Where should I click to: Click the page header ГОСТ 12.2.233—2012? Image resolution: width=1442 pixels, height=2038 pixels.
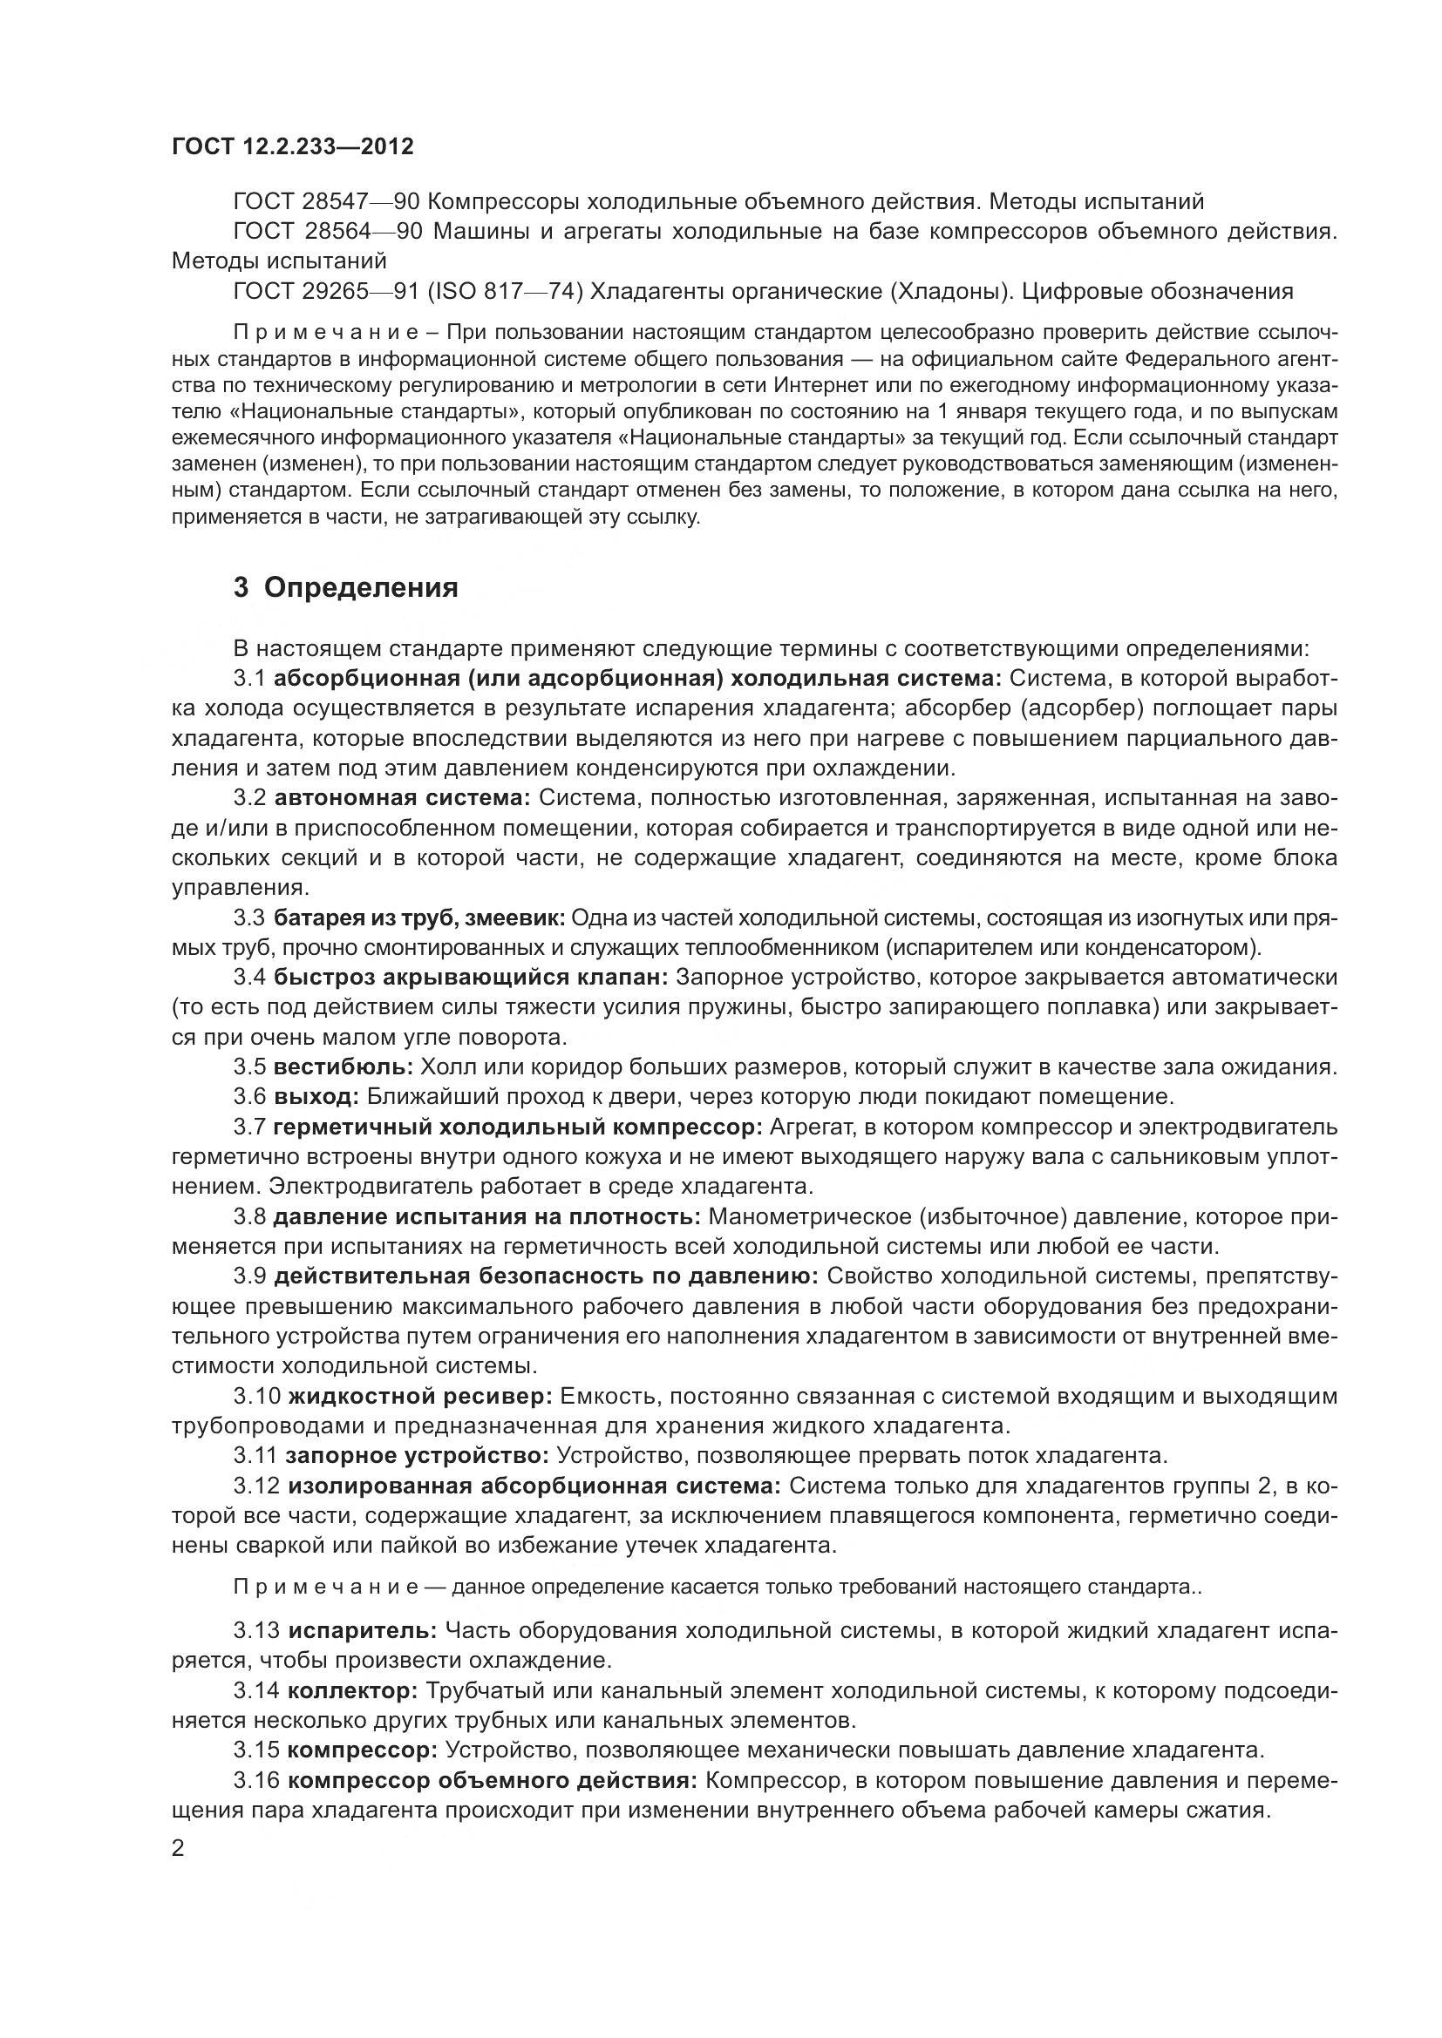(x=293, y=146)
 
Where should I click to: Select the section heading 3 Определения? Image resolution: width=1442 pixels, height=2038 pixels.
(x=345, y=587)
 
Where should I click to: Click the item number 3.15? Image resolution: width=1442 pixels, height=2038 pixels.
(x=256, y=1750)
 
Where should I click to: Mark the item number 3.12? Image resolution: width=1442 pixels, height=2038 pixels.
(x=256, y=1486)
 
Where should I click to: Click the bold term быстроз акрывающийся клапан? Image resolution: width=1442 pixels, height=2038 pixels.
(x=471, y=978)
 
